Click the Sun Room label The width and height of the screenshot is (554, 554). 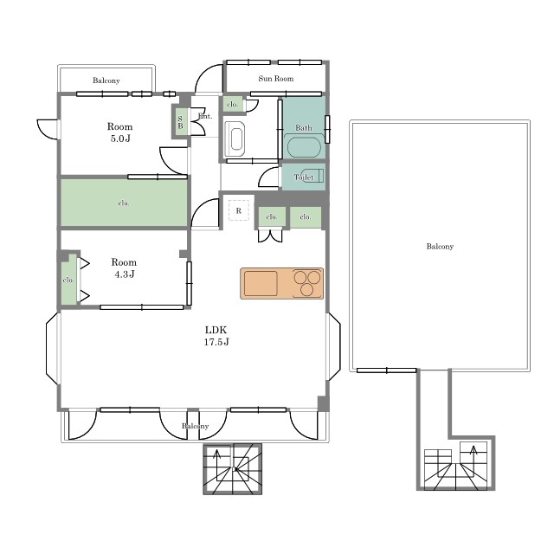click(275, 79)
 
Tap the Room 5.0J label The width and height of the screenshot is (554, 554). click(119, 132)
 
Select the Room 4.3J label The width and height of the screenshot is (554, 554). click(124, 267)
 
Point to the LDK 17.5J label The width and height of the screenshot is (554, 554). click(216, 336)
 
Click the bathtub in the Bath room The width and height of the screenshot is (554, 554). click(304, 147)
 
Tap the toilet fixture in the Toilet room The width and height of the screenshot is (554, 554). click(312, 176)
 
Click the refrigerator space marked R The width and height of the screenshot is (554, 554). click(239, 210)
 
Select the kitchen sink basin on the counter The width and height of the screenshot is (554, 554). click(261, 283)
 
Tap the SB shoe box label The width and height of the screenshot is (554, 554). click(180, 122)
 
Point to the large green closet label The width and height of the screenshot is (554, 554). click(124, 203)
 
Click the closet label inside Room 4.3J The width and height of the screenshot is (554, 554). click(68, 280)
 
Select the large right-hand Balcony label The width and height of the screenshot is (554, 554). click(440, 246)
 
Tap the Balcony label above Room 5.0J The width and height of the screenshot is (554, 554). click(106, 81)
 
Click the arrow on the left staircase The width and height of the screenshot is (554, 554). click(216, 458)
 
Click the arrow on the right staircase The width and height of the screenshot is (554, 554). click(473, 454)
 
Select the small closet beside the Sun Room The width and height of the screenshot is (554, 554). click(233, 105)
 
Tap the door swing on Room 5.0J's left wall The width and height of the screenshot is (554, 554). click(48, 129)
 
